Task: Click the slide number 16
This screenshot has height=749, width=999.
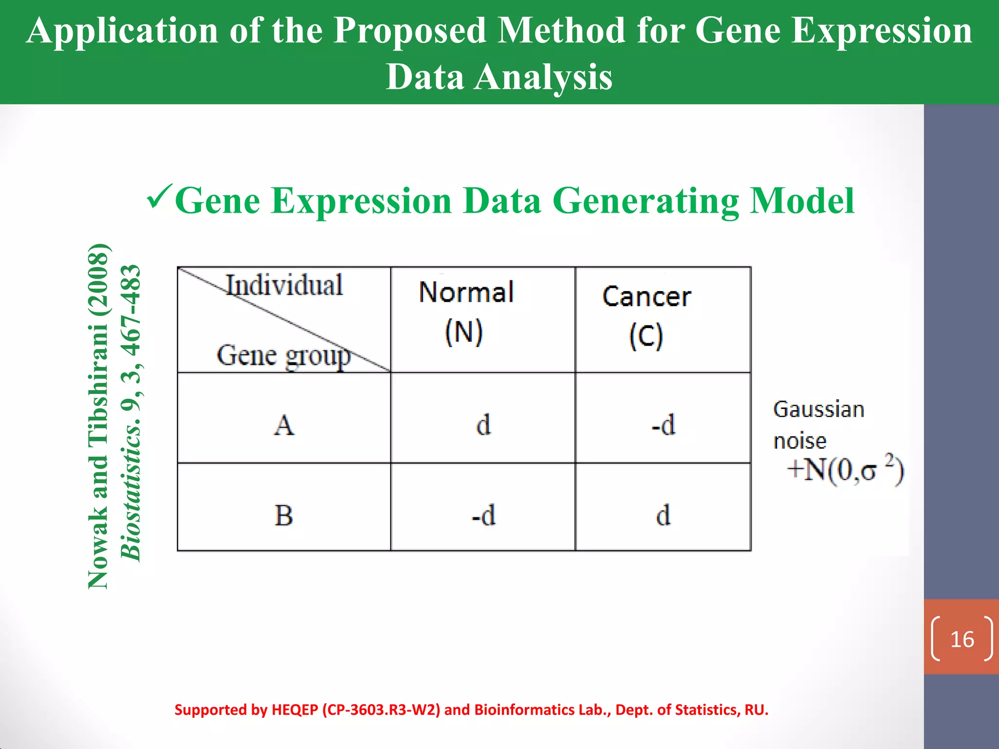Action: click(x=962, y=639)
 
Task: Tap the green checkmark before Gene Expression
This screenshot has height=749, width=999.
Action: click(x=160, y=197)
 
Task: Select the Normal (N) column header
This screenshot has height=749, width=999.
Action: click(x=466, y=312)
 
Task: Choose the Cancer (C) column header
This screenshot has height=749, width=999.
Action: click(x=646, y=316)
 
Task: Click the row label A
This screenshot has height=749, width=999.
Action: click(x=284, y=425)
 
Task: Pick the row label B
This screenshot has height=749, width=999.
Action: click(x=284, y=515)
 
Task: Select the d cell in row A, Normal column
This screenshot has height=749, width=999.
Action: click(x=483, y=425)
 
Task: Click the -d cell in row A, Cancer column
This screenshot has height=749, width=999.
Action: click(x=663, y=425)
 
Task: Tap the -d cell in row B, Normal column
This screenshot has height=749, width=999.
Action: click(x=483, y=515)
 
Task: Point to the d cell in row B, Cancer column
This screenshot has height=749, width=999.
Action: click(x=663, y=515)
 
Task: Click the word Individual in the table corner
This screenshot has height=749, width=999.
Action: click(x=284, y=285)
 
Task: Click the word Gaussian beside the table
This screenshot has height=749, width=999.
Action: click(x=819, y=410)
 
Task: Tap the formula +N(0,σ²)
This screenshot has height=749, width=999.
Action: click(x=845, y=471)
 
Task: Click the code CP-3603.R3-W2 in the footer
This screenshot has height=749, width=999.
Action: click(x=381, y=710)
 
